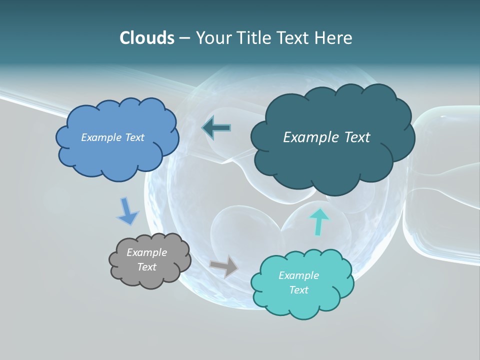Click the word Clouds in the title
tap(146, 38)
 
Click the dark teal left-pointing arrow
tap(216, 128)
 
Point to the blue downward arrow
tap(127, 211)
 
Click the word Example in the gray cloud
tap(146, 252)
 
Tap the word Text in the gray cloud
tap(146, 267)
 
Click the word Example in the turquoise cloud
tap(298, 275)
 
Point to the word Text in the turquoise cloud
tap(298, 290)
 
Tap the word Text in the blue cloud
tap(134, 137)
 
